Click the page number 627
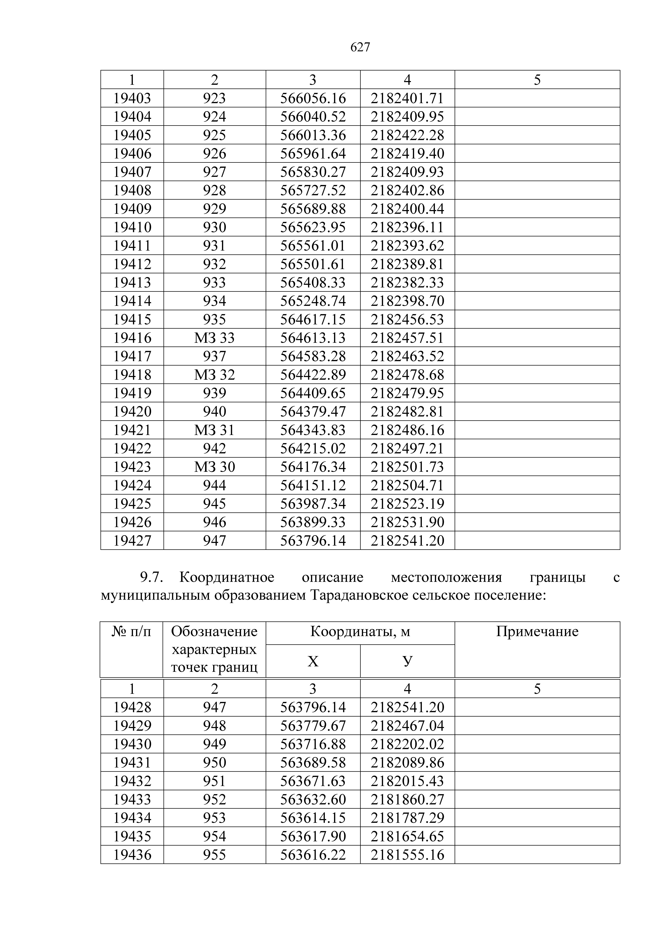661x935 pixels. [360, 48]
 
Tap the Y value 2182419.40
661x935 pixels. [407, 154]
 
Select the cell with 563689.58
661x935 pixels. [313, 762]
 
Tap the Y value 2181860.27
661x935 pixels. [407, 799]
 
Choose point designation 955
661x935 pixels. [215, 854]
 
